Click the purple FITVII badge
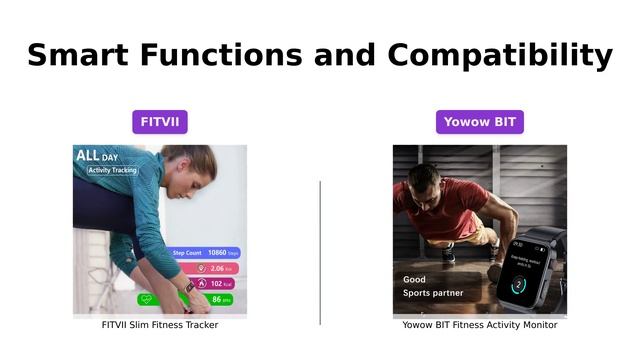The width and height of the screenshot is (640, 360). pyautogui.click(x=160, y=122)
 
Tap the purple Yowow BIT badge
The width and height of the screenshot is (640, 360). pyautogui.click(x=479, y=122)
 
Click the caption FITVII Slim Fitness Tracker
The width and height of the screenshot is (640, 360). pyautogui.click(x=160, y=325)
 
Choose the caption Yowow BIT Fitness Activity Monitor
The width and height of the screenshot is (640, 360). pyautogui.click(x=480, y=325)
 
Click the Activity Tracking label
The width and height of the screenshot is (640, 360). pyautogui.click(x=112, y=170)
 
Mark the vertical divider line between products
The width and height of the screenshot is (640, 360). pyautogui.click(x=320, y=252)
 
